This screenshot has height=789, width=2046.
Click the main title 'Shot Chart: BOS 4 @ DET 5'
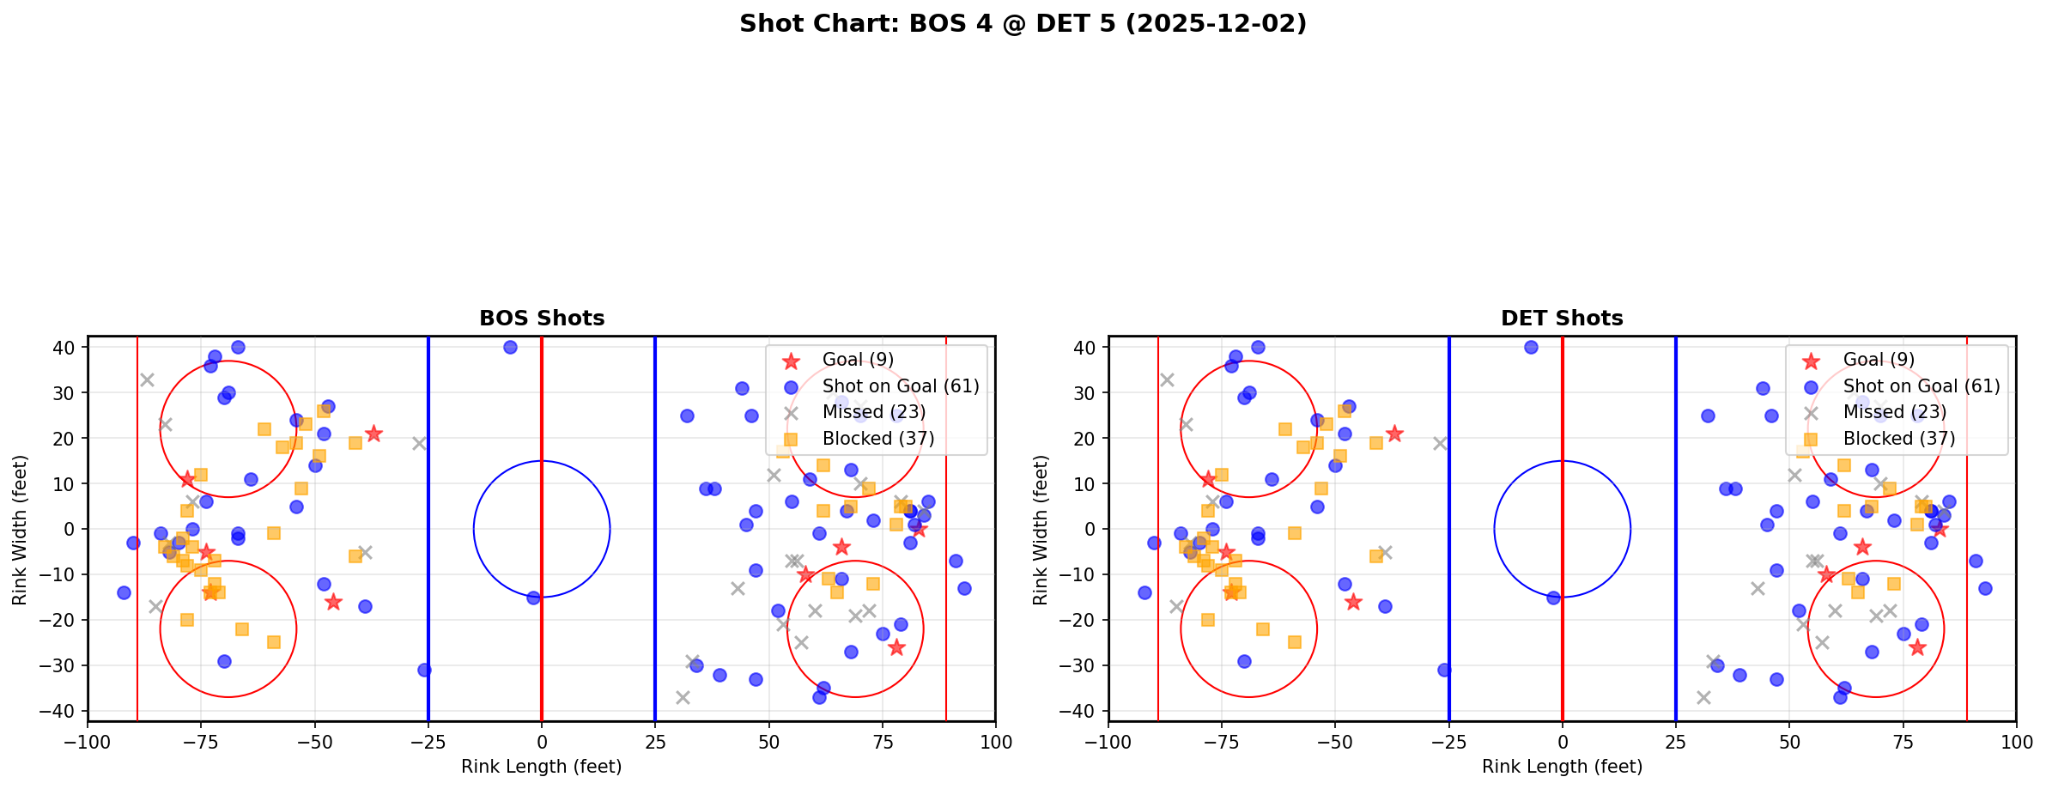[1023, 23]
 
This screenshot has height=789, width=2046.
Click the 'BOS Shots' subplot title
[542, 319]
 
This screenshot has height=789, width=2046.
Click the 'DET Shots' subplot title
[1562, 319]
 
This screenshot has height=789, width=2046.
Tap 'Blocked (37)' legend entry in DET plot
[1898, 439]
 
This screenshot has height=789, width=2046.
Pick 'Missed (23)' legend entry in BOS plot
[873, 412]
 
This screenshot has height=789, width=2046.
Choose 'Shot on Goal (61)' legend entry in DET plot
[1921, 386]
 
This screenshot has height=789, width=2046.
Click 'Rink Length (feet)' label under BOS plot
[542, 767]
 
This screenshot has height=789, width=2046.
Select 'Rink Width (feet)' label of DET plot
[1040, 530]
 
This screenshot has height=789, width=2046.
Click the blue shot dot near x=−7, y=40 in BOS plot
[510, 348]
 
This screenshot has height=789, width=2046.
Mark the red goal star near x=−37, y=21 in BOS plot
[373, 434]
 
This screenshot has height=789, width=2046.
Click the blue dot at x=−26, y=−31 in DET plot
[1444, 670]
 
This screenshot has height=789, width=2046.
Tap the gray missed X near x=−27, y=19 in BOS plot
[419, 443]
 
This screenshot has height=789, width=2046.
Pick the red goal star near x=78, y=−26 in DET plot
[1916, 647]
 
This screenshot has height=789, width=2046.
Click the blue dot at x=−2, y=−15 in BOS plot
[533, 598]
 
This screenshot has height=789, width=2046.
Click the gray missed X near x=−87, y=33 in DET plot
[1167, 379]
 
